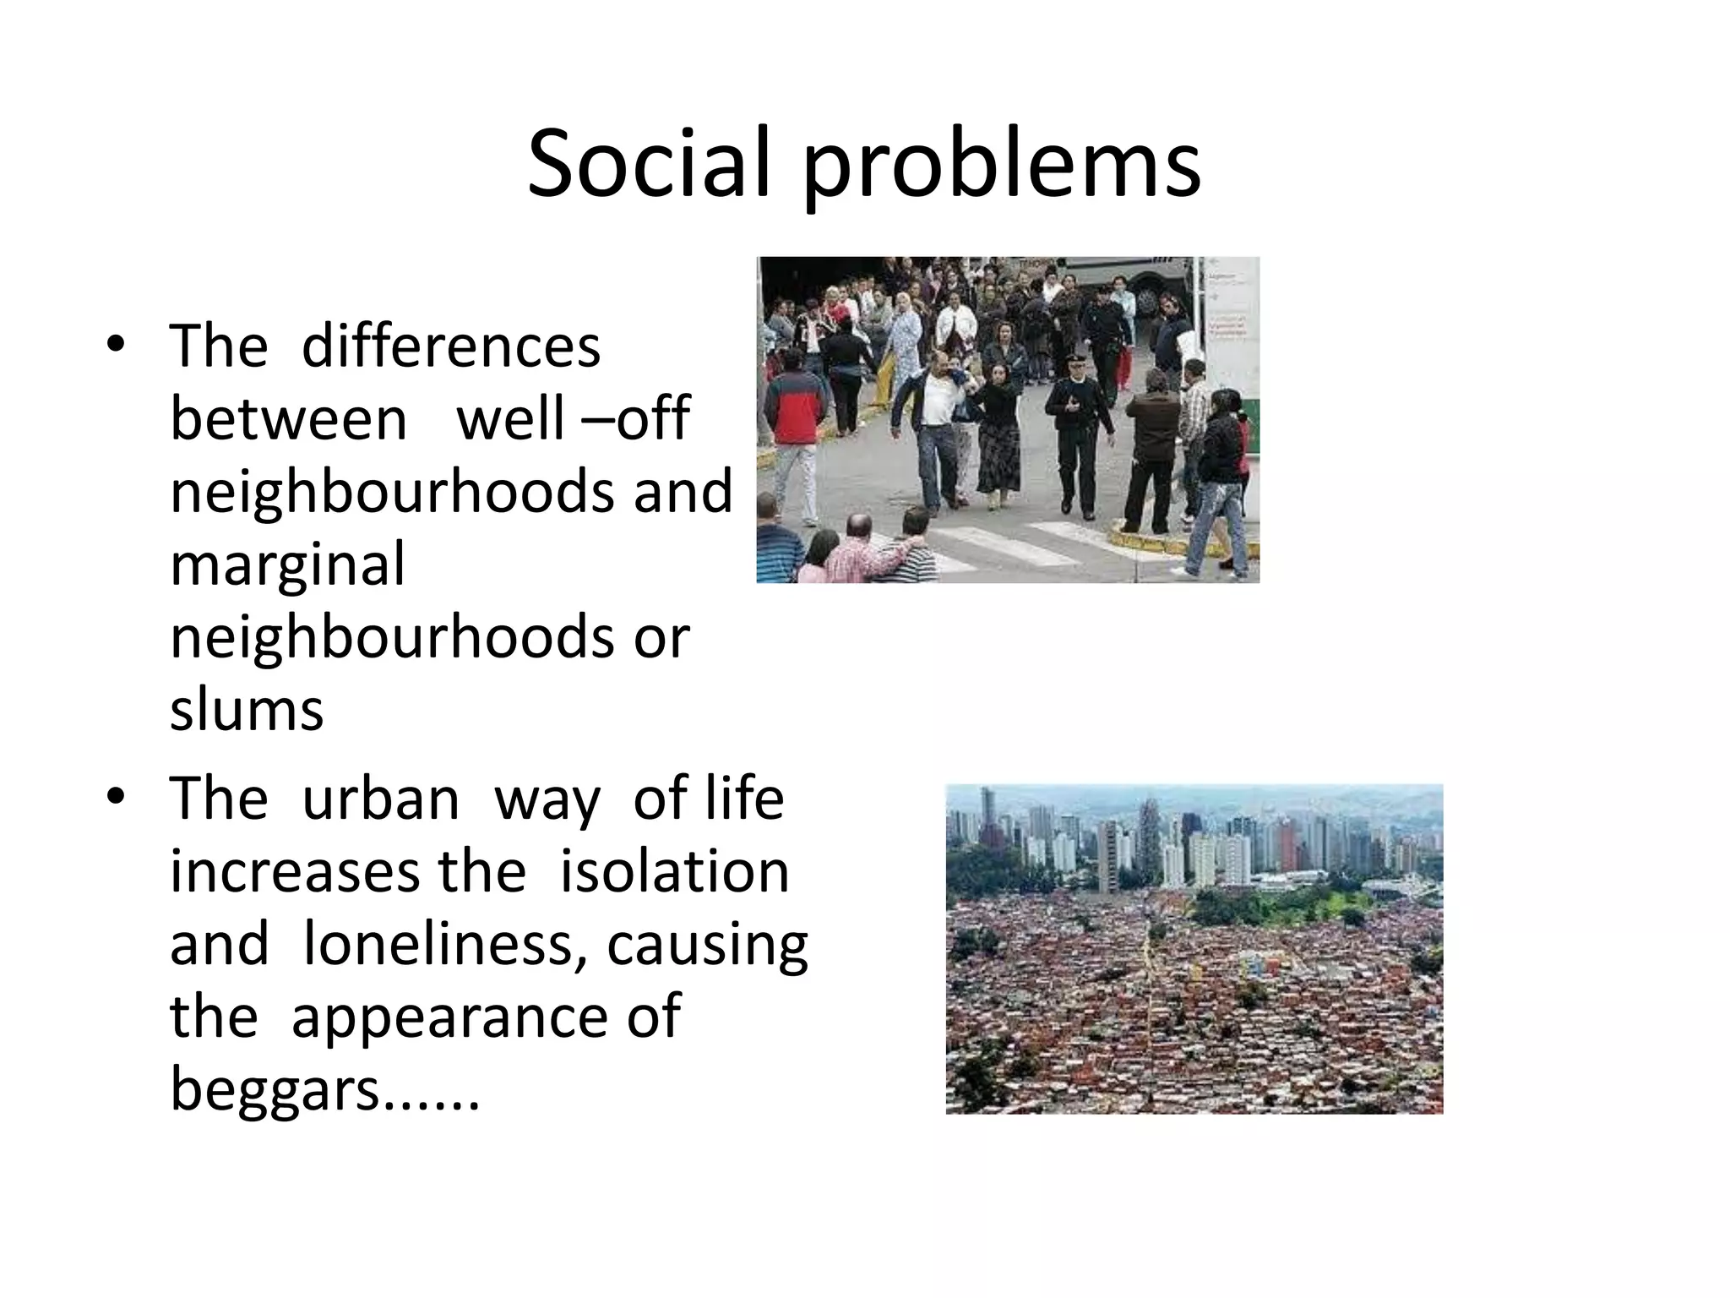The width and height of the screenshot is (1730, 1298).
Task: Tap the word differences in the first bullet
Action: (450, 346)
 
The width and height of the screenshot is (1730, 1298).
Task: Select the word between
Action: (289, 418)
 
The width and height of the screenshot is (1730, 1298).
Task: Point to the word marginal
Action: (287, 566)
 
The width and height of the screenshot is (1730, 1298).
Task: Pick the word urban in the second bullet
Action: (380, 798)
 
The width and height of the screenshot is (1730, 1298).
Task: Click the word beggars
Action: (275, 1090)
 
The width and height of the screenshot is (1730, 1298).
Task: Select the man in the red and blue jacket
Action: (794, 423)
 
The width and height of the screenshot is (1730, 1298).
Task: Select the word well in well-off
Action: (510, 418)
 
